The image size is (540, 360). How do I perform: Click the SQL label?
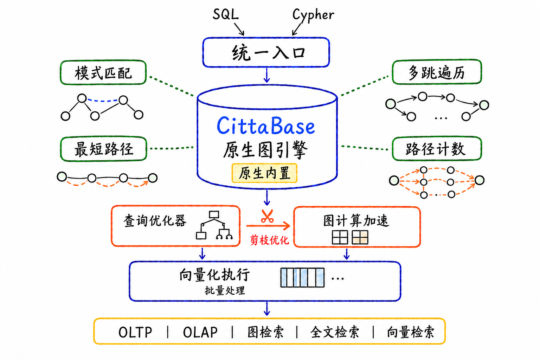tap(226, 14)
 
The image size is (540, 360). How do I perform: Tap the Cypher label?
tap(313, 15)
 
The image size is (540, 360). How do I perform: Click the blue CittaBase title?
tap(266, 126)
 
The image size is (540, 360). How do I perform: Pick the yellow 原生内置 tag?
tap(264, 173)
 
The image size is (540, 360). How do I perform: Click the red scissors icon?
tap(267, 216)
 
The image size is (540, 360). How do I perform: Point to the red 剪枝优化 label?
tap(269, 240)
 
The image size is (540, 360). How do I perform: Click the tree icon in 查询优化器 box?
tap(214, 225)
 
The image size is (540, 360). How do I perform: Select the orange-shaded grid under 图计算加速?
tap(360, 237)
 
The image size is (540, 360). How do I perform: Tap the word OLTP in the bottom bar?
tap(135, 332)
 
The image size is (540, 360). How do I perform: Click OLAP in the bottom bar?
tap(200, 332)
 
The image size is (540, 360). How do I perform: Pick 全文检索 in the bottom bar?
tap(335, 332)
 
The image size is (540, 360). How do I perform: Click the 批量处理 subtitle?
tap(225, 290)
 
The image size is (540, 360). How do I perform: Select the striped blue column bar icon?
tap(303, 277)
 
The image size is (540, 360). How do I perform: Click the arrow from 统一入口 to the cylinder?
tap(266, 75)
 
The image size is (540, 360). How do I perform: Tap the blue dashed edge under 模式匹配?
tap(103, 101)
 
